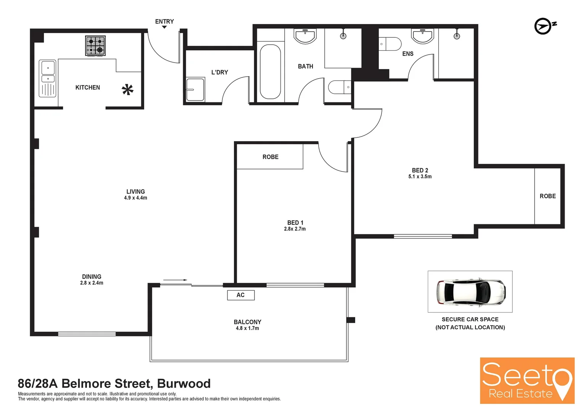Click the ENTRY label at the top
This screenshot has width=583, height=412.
click(x=164, y=22)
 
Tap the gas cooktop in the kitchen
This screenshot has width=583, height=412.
click(x=95, y=46)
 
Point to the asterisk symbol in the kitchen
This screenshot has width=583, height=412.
click(x=127, y=90)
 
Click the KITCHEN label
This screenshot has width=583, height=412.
click(x=88, y=87)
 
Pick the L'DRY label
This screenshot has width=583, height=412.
click(x=220, y=72)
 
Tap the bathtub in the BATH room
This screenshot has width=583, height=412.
click(x=270, y=72)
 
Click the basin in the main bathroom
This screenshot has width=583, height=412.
click(x=305, y=37)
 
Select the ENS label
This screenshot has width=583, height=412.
click(x=408, y=54)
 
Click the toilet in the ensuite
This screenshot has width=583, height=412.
click(x=390, y=44)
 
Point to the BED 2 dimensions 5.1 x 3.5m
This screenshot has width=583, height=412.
click(x=420, y=177)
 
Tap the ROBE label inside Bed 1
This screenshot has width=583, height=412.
click(x=271, y=157)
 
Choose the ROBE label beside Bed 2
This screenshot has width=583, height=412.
click(x=548, y=196)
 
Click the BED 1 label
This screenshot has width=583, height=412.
click(x=295, y=223)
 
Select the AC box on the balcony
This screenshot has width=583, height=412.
click(x=241, y=295)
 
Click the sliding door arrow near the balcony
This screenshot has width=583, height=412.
click(x=176, y=280)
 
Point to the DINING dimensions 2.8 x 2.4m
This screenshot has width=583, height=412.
click(x=92, y=283)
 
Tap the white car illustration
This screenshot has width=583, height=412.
click(x=470, y=292)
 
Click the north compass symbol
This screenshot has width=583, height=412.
click(x=543, y=26)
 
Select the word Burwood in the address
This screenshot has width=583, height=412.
click(x=184, y=383)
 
